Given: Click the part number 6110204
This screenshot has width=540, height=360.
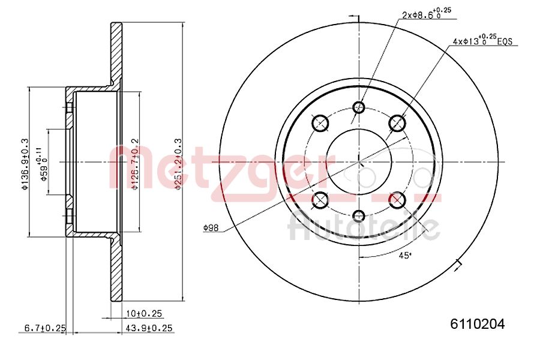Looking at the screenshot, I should click(x=478, y=324).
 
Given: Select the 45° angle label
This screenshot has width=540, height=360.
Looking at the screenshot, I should click(x=406, y=256).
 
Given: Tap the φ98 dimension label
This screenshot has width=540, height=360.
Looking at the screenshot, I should click(x=211, y=227).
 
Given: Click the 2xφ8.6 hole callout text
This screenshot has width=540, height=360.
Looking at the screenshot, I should click(x=426, y=14).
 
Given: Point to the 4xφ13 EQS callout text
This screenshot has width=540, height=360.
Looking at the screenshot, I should click(x=484, y=41).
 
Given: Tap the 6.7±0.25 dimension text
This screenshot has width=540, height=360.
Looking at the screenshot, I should click(x=44, y=328).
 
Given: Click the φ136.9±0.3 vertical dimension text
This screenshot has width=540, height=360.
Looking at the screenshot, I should click(x=25, y=162).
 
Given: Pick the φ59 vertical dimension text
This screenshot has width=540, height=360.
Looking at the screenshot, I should click(x=41, y=162).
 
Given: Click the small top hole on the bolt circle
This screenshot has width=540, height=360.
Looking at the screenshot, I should click(x=359, y=107).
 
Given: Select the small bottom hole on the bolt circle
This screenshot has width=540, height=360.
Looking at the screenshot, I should click(x=359, y=216).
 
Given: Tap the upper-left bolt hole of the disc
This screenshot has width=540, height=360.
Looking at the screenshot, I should click(x=321, y=123).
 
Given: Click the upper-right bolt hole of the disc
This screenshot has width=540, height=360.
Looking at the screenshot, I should click(x=397, y=123).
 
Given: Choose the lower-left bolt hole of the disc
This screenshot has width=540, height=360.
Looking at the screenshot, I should click(x=321, y=200).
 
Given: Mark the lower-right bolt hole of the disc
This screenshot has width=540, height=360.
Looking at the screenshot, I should click(x=397, y=200).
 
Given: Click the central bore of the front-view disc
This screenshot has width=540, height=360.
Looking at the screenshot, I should click(x=359, y=161).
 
